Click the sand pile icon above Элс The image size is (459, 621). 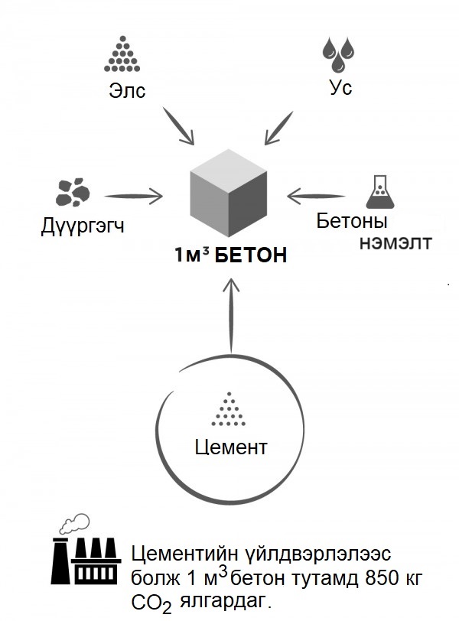click(x=119, y=56)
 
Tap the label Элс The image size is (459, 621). click(x=126, y=91)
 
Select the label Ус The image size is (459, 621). click(x=340, y=88)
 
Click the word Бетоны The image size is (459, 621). click(x=352, y=222)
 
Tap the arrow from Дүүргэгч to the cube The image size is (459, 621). click(x=134, y=196)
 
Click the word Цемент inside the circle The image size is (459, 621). click(x=230, y=446)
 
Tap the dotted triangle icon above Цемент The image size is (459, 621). click(x=227, y=411)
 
